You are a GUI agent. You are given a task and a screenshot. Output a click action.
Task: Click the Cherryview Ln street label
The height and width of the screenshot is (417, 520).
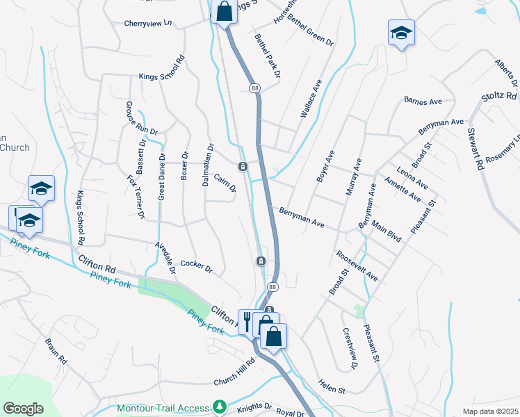[147, 23]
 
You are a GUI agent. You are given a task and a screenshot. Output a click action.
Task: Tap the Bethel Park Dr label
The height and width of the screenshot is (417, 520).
[267, 55]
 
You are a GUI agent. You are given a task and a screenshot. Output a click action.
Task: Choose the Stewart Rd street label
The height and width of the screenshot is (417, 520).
[476, 149]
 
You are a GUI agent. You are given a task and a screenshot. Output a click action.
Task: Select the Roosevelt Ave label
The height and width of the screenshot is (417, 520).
[357, 265]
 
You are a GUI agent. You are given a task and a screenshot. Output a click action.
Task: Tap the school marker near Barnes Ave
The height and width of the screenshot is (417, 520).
[401, 32]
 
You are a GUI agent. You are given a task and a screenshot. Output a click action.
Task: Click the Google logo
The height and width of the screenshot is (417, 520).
[23, 409]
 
